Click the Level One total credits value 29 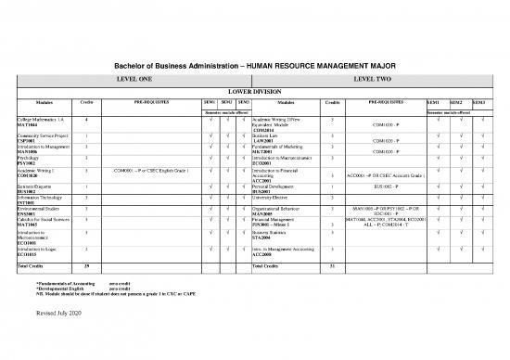pos(85,266)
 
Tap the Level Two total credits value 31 pos(332,266)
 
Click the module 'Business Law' pos(269,135)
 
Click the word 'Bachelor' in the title pos(132,64)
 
